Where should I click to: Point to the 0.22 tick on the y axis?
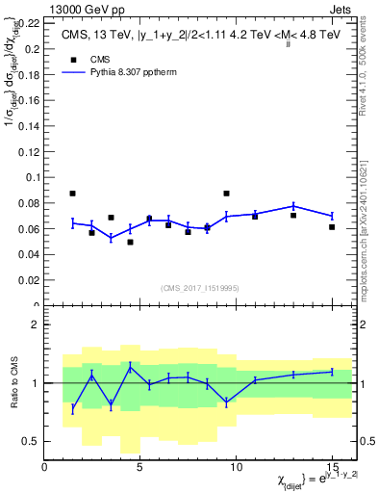pyautogui.click(x=30, y=22)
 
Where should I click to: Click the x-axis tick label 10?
pyautogui.click(x=236, y=466)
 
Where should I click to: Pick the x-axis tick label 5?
pyautogui.click(x=140, y=466)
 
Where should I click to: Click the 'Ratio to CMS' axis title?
pyautogui.click(x=13, y=383)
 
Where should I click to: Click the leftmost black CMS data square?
pyautogui.click(x=73, y=194)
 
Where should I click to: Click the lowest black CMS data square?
pyautogui.click(x=130, y=242)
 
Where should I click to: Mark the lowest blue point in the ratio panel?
pyautogui.click(x=73, y=408)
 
